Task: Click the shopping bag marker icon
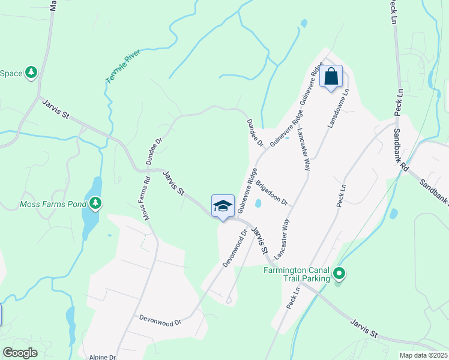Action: point(331,77)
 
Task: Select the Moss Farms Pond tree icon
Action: point(95,204)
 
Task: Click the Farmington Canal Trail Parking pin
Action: point(339,274)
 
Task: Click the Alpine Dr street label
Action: point(102,357)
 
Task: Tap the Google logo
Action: point(20,353)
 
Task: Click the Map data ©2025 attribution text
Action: point(423,355)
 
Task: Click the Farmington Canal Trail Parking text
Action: point(297,274)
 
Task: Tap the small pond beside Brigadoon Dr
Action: point(258,203)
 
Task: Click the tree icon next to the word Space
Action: point(31,73)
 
